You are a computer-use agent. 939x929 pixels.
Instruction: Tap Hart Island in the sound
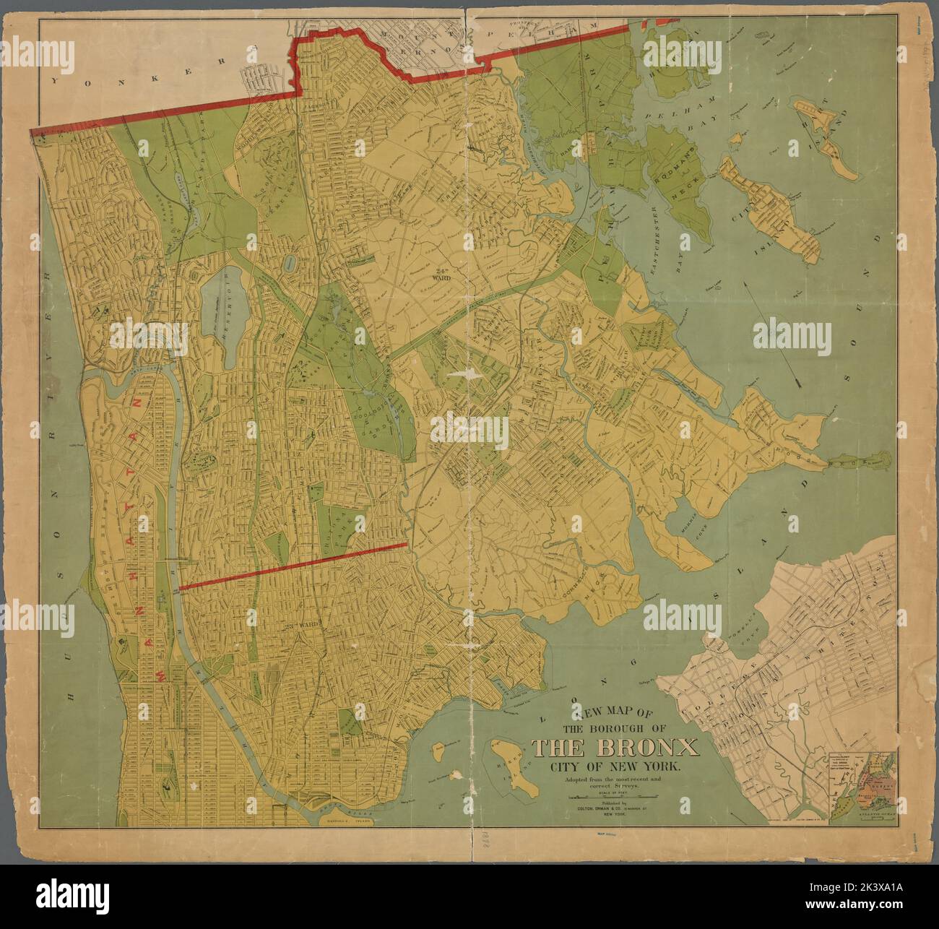coord(827,139)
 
